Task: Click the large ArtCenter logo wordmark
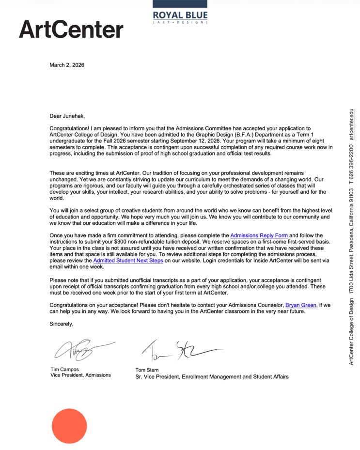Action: tap(71, 30)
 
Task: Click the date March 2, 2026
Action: tap(67, 65)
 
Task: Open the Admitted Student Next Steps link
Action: tap(128, 260)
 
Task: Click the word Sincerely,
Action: tap(62, 324)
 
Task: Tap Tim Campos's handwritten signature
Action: tap(82, 350)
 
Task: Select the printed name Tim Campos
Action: tap(65, 369)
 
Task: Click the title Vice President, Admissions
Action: tap(80, 375)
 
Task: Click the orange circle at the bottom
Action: tap(69, 426)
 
